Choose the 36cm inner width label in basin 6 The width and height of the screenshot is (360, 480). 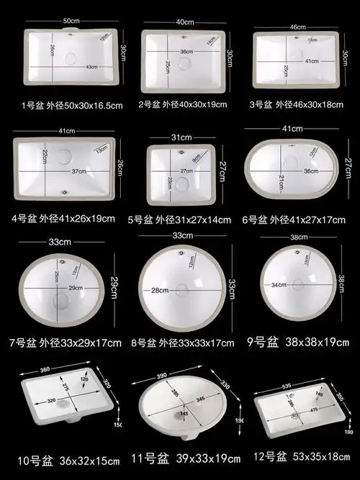[x=311, y=171]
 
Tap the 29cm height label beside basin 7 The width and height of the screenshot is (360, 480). [x=113, y=288]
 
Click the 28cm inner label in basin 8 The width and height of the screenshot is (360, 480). [x=159, y=290]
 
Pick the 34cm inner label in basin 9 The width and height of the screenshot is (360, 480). [x=279, y=285]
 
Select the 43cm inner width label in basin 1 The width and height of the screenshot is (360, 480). [x=92, y=67]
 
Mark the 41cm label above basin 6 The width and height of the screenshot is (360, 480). [x=292, y=129]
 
